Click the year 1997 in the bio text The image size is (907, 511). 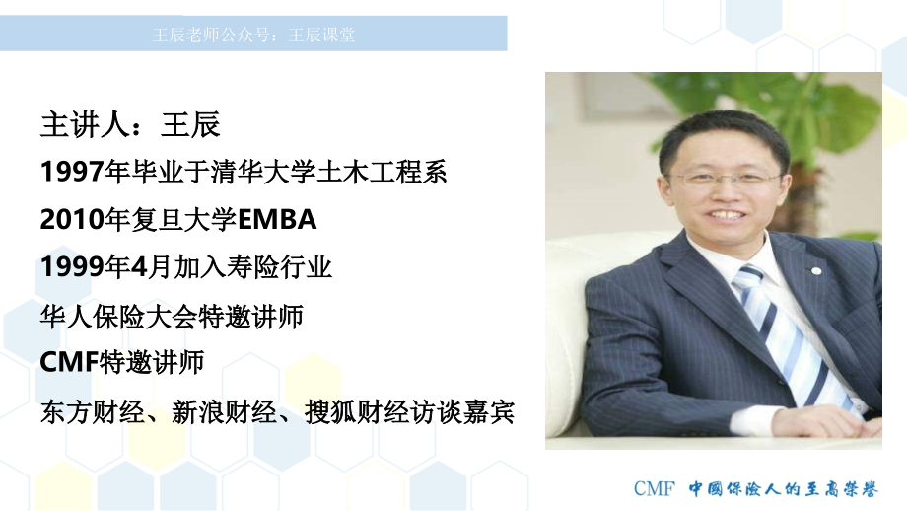[x=72, y=172]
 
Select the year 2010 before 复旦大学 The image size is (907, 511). [x=72, y=220]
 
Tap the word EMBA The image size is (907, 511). [x=277, y=220]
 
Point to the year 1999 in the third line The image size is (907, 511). [x=72, y=267]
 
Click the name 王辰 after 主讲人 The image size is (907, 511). [x=190, y=124]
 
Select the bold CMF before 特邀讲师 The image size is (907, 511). [x=69, y=362]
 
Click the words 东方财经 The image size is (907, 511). [x=93, y=412]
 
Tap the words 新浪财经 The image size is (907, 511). [x=224, y=412]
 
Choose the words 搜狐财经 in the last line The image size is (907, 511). [x=356, y=412]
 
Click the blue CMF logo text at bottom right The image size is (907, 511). [x=655, y=489]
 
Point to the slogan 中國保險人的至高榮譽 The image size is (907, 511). [x=783, y=489]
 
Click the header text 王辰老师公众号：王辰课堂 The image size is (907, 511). [x=253, y=35]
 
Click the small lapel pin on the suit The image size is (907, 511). [x=816, y=271]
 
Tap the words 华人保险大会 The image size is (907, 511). [x=118, y=317]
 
